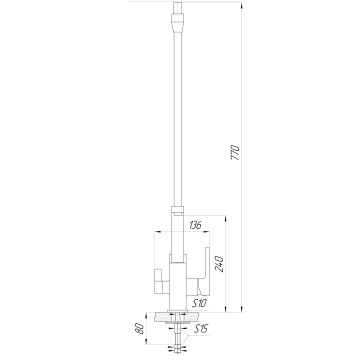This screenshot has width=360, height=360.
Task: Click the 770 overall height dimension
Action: click(x=235, y=152)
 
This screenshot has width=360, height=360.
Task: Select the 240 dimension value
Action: click(x=219, y=264)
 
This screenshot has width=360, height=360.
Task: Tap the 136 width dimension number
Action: click(x=195, y=226)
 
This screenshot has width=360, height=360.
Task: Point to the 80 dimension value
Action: click(x=140, y=329)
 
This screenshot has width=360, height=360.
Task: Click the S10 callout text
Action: click(x=200, y=303)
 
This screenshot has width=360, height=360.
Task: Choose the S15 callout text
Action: click(x=201, y=329)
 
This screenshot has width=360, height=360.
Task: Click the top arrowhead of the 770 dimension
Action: click(x=242, y=5)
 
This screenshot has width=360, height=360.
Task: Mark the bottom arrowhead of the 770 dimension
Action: click(x=242, y=309)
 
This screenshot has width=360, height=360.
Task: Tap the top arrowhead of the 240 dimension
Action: click(x=226, y=219)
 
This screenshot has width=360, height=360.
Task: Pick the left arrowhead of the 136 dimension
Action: click(x=158, y=232)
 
